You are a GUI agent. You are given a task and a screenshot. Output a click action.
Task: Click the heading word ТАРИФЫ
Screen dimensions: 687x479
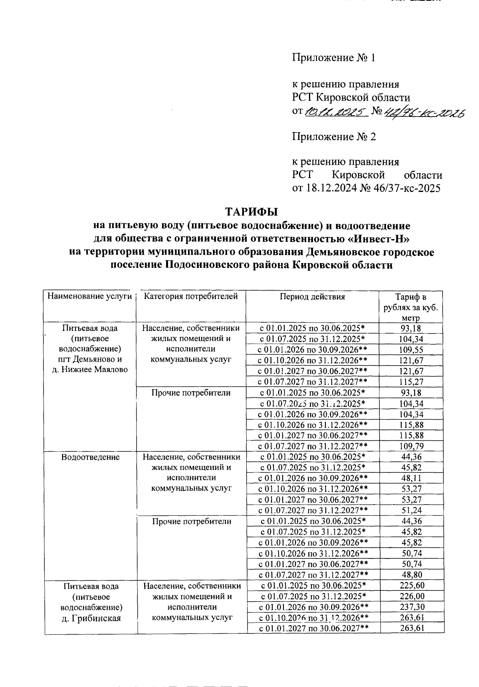(x=251, y=212)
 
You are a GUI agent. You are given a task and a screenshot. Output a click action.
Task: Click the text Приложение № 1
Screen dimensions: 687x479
(x=334, y=58)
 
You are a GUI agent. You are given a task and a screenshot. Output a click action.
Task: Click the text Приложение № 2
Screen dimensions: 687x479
(x=334, y=137)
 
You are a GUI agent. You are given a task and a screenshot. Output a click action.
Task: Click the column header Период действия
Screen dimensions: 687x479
(x=312, y=297)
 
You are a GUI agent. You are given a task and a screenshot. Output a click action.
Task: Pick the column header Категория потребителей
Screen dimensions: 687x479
(x=191, y=296)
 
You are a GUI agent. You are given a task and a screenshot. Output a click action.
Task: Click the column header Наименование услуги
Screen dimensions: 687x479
(x=89, y=296)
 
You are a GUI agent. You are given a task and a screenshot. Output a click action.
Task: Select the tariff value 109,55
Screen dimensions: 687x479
(x=411, y=350)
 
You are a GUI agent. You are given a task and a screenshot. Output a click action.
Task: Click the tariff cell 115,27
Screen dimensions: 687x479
(x=411, y=382)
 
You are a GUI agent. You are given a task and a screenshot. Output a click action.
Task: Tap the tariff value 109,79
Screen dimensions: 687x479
(x=411, y=446)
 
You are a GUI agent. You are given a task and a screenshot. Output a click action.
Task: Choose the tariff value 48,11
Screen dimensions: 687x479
(x=411, y=478)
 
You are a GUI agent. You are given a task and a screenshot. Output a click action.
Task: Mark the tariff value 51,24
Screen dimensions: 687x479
(x=411, y=511)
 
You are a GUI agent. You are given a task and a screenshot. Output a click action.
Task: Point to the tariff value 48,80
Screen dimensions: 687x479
(x=411, y=575)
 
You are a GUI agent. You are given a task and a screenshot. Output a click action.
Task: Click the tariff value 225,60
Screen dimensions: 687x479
(x=412, y=586)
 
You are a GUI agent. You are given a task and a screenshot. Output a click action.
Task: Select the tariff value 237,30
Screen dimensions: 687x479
(x=412, y=607)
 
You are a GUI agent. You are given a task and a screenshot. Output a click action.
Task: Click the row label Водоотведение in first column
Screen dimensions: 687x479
(x=90, y=457)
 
